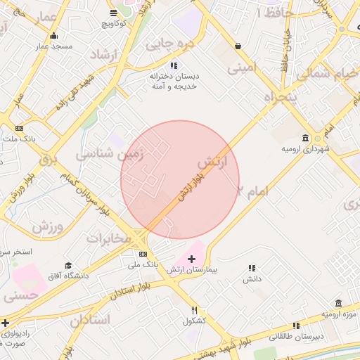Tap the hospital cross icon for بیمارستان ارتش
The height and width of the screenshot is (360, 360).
[191, 259]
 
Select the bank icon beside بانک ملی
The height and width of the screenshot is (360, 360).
[143, 254]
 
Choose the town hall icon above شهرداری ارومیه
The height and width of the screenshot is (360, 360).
[305, 138]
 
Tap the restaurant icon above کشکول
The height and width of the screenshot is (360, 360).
[195, 311]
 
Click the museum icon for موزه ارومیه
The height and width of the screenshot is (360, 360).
[338, 303]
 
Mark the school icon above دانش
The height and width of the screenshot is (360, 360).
[252, 268]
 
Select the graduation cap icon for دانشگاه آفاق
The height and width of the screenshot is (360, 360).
[68, 265]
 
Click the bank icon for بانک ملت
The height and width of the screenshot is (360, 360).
[19, 128]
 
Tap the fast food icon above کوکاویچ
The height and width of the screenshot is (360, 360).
[114, 13]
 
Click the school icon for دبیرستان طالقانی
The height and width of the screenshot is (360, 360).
[296, 326]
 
